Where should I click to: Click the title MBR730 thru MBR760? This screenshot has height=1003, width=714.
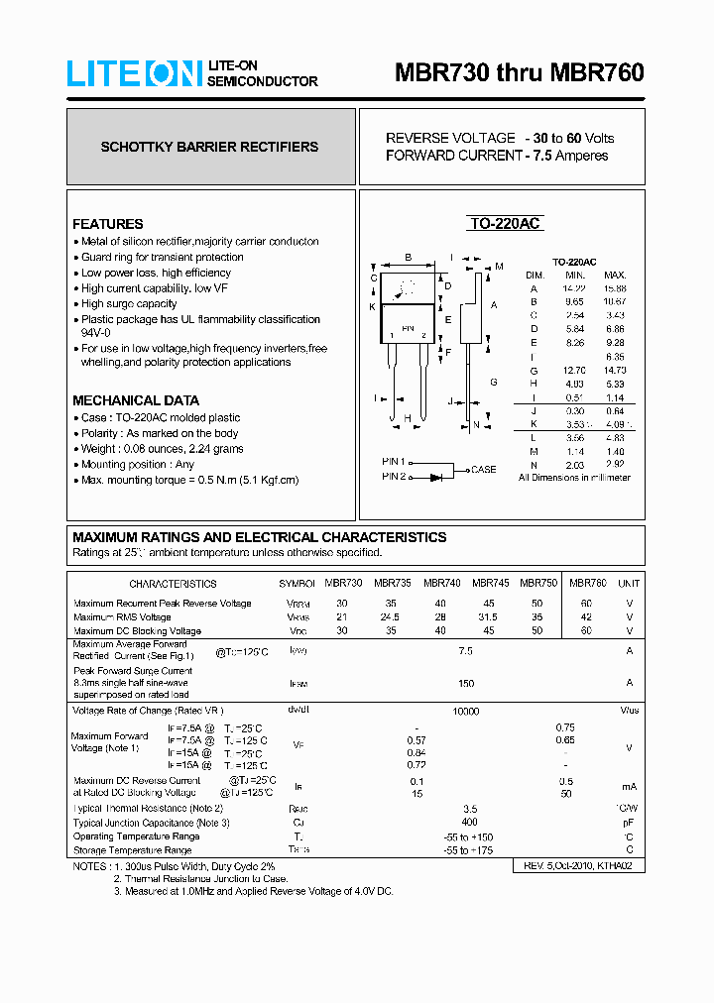click(x=519, y=73)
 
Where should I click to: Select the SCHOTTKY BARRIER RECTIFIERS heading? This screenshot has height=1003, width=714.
click(x=209, y=147)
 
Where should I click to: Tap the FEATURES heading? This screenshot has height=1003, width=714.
click(x=107, y=224)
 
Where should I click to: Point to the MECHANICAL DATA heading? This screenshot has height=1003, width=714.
click(x=136, y=400)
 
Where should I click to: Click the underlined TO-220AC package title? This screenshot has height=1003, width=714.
click(x=505, y=224)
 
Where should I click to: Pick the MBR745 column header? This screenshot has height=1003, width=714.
click(x=491, y=584)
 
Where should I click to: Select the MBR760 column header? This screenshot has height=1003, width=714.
click(x=587, y=584)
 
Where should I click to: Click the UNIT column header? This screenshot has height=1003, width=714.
click(x=629, y=584)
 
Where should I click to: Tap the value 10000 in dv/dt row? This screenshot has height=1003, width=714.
click(x=465, y=712)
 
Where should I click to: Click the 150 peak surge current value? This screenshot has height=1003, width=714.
click(x=466, y=683)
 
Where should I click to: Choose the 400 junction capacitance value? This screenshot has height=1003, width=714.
click(x=469, y=823)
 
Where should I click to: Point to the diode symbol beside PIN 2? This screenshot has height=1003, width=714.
click(x=436, y=477)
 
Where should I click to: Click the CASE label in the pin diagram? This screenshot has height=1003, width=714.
click(x=484, y=470)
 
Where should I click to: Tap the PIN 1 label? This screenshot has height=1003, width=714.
click(x=394, y=462)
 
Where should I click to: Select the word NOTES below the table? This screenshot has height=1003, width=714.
click(x=90, y=866)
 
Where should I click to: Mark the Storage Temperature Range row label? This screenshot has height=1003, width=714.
click(x=133, y=850)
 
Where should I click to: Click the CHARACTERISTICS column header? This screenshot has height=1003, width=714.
click(x=173, y=585)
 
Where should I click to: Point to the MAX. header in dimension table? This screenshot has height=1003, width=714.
click(x=615, y=275)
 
